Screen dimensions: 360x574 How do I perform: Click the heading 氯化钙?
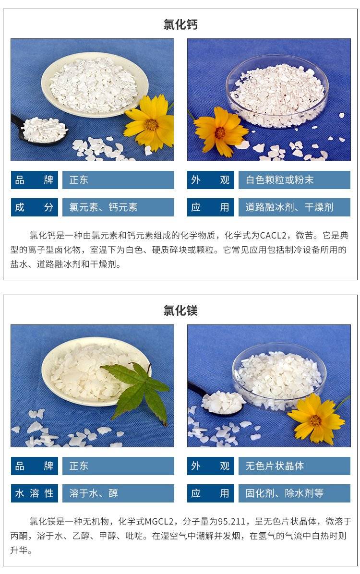tap(180, 24)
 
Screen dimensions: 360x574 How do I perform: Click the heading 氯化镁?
tap(180, 311)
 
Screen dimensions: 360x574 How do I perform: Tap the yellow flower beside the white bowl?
tap(150, 123)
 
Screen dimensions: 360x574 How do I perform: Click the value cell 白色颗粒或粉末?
tap(294, 180)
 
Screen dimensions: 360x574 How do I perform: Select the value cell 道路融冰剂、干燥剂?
tap(294, 207)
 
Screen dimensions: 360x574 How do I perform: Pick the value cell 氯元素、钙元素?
tap(118, 207)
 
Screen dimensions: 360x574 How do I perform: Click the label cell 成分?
tap(35, 207)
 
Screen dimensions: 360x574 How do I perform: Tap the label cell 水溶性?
tap(35, 493)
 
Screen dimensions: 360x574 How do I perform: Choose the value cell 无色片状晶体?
tap(294, 466)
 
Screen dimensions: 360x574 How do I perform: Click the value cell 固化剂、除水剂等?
tap(294, 493)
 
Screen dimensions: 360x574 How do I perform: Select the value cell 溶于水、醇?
tap(118, 493)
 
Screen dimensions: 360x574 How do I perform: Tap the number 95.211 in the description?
tap(231, 521)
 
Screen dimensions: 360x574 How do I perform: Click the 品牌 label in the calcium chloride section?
tap(35, 180)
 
